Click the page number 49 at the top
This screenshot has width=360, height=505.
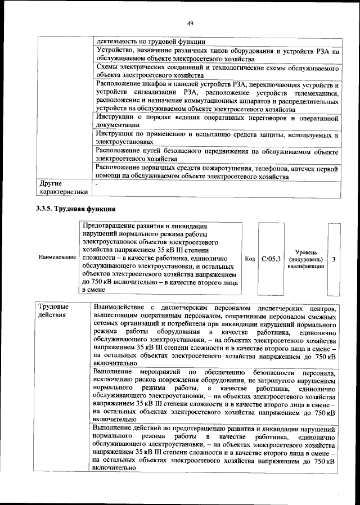click(x=190, y=22)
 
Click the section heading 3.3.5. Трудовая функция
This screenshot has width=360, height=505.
click(x=73, y=209)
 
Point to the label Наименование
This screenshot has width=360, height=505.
click(x=57, y=257)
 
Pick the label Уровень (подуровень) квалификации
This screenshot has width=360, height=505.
click(x=306, y=259)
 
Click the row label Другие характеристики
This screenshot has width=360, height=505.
click(x=62, y=188)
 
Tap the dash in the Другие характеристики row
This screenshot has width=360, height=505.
click(x=97, y=184)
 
